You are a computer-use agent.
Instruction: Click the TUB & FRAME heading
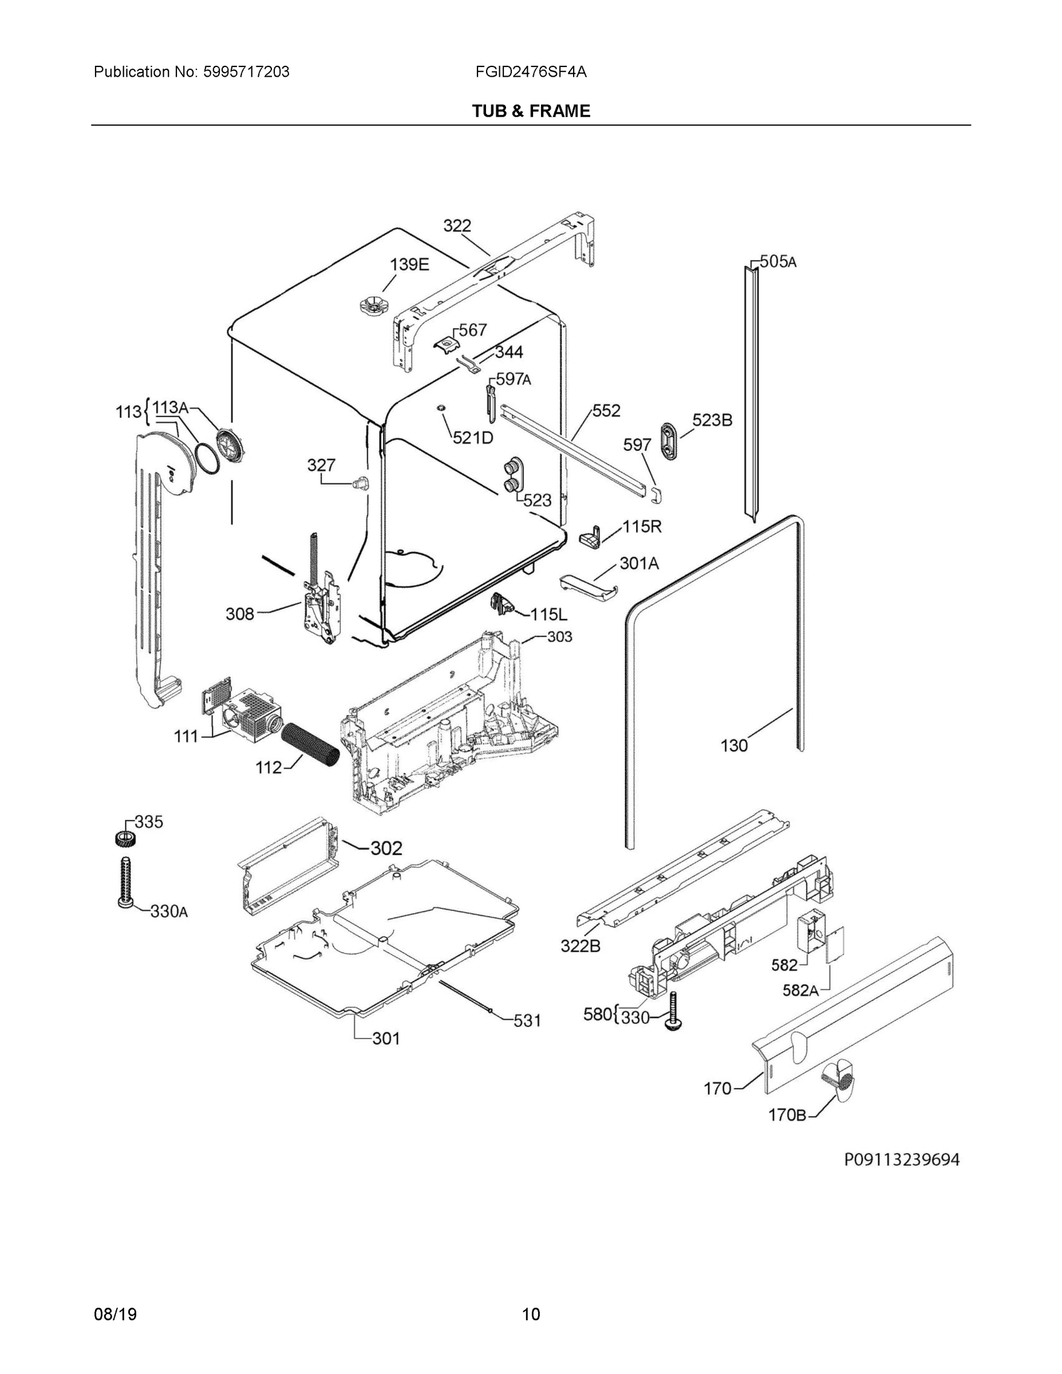tap(531, 112)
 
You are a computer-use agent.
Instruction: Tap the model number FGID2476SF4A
tap(531, 72)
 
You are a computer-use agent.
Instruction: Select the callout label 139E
tap(409, 265)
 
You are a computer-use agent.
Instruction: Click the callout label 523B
tap(712, 420)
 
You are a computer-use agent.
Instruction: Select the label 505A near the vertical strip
tap(777, 261)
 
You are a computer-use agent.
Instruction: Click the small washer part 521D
tap(441, 408)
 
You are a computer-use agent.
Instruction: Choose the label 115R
tap(642, 527)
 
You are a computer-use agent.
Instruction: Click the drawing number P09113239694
tap(902, 1159)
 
